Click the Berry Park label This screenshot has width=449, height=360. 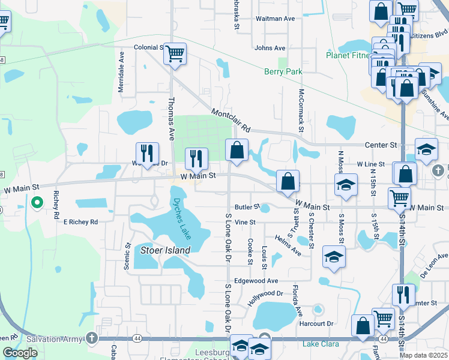click(283, 72)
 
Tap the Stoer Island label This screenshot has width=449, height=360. click(165, 250)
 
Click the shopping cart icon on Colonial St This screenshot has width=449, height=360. click(175, 54)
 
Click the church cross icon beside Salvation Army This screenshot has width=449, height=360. click(91, 339)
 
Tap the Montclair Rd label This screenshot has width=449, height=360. click(230, 120)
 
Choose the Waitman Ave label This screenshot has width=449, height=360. click(275, 19)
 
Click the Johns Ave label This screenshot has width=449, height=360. click(270, 48)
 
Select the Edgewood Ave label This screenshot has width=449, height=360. click(256, 281)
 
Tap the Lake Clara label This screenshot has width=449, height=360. click(321, 344)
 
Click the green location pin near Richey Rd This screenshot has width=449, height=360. click(37, 203)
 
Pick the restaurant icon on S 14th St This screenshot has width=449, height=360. click(403, 295)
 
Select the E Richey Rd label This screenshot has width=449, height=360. click(80, 222)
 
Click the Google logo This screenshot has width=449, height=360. click(20, 353)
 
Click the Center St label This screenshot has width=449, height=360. click(382, 145)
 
